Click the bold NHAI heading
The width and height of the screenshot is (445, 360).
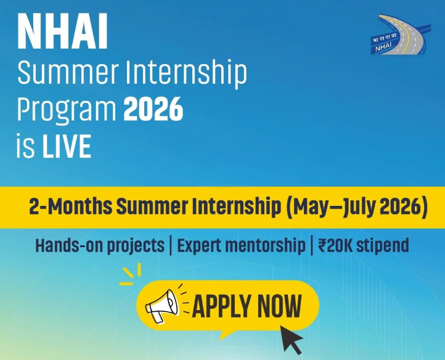tap(62, 32)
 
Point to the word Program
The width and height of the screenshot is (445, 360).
tap(66, 111)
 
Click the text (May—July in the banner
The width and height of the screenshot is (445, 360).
tap(330, 207)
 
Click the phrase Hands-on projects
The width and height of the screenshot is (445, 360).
tap(100, 245)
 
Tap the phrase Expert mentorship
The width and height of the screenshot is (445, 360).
tap(241, 245)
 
